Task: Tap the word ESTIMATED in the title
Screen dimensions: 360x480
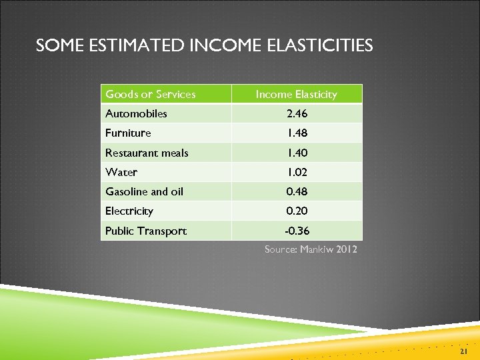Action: point(129,45)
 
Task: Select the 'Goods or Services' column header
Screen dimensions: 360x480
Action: point(151,94)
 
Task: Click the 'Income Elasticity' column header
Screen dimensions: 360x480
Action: point(297,94)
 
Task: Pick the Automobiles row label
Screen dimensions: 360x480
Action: point(136,113)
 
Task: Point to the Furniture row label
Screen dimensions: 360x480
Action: point(128,133)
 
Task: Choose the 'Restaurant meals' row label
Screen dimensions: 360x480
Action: point(147,153)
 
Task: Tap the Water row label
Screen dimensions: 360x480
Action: point(121,172)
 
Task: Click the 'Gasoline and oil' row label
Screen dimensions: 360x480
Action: point(144,191)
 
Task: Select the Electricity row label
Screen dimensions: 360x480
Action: point(129,211)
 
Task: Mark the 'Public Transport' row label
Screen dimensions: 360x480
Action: point(146,231)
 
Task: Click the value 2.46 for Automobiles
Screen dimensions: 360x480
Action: point(297,113)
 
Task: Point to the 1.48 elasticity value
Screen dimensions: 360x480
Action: point(297,133)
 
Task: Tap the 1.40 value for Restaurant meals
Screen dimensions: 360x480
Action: point(297,153)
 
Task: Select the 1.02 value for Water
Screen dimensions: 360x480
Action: point(297,172)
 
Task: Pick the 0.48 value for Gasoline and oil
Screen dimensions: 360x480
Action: point(297,191)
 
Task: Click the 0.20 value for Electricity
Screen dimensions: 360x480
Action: point(297,211)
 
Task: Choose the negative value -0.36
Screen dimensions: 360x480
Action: point(297,231)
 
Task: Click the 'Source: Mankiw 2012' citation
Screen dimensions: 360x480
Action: point(311,249)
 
